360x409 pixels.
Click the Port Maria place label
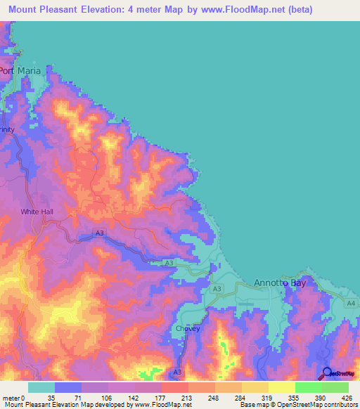coord(22,71)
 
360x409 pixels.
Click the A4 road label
coord(350,303)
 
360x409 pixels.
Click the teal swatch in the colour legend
coord(41,387)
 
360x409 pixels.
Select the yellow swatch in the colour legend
coord(281,387)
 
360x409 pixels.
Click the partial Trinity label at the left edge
coord(7,131)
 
